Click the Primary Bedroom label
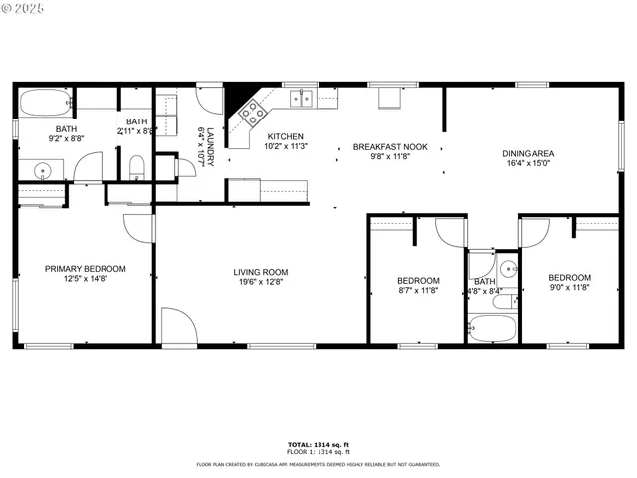pos(85,269)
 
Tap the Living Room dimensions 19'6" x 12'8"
pos(261,282)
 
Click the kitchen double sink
pos(301,98)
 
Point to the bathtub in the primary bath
pos(44,104)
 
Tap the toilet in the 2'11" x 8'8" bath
pos(136,165)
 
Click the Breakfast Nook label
pos(390,147)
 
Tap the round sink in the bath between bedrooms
pos(507,268)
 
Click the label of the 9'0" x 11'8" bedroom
pos(570,278)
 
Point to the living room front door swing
pos(177,327)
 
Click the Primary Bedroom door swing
pos(141,228)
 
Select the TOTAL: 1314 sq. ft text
pos(318,444)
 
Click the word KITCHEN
pos(285,137)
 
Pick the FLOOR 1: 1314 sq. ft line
pos(318,452)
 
